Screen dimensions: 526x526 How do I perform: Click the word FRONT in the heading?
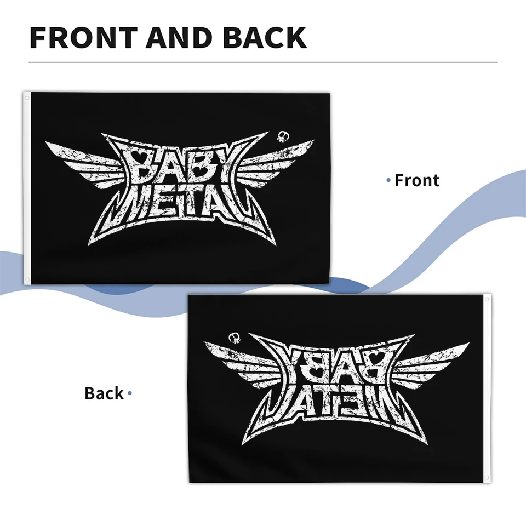[82, 37]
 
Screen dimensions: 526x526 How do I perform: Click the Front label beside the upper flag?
[417, 180]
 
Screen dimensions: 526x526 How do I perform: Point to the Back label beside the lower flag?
[104, 393]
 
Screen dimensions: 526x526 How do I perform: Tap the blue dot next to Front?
[389, 180]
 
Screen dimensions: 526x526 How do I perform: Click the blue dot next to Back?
[130, 393]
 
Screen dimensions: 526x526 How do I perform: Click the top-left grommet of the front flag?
[26, 98]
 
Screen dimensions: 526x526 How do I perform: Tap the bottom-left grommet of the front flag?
[26, 279]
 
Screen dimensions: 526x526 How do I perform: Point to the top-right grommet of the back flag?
[487, 299]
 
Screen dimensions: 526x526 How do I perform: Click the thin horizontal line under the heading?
[263, 62]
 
